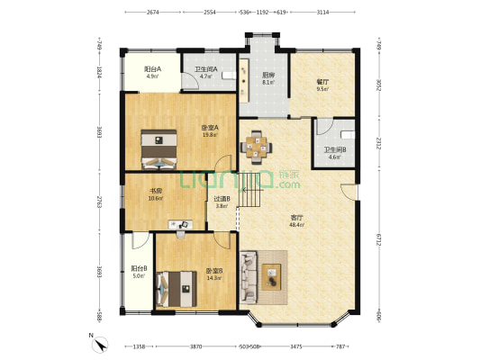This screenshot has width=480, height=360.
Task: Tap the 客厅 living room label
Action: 296,217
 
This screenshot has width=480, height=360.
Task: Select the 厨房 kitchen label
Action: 268,76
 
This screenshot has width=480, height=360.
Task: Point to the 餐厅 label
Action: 322,82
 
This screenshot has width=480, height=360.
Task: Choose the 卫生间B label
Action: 333,150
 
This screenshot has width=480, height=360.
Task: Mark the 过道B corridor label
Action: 222,198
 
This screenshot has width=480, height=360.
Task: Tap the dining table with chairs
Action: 258,146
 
